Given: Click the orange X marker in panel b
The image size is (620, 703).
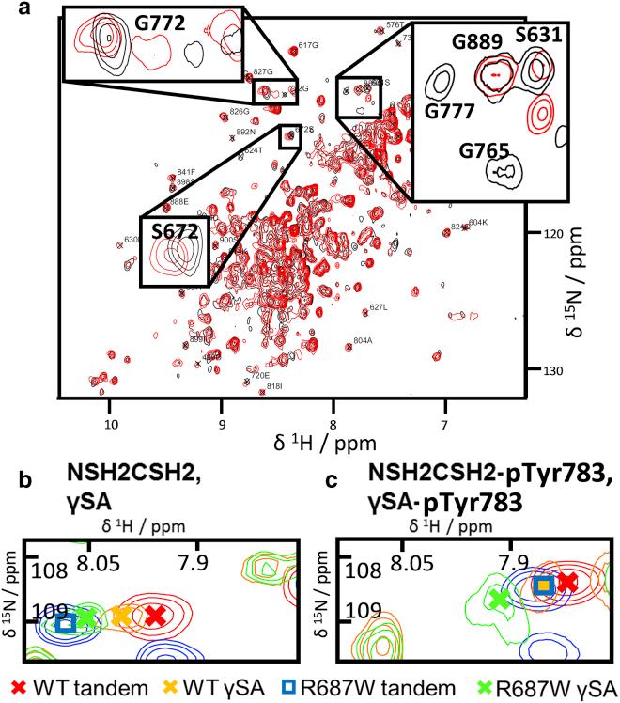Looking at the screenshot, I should (x=120, y=617).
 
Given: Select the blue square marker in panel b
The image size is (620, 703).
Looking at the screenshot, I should (x=64, y=623).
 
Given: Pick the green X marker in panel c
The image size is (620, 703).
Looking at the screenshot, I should (x=499, y=600).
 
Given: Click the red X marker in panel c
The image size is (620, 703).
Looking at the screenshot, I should (x=566, y=582).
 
